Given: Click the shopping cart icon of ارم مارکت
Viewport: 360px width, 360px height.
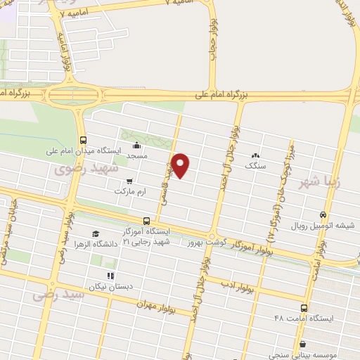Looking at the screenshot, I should [129, 181].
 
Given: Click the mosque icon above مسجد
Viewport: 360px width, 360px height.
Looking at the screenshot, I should [136, 146].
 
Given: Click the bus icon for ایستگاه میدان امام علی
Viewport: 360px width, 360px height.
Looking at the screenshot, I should [84, 140].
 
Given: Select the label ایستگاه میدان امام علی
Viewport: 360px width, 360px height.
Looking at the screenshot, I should [84, 150].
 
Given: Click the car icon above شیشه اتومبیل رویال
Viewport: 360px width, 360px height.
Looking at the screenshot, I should [323, 215].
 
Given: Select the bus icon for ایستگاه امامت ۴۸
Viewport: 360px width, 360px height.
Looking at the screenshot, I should [304, 307].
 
